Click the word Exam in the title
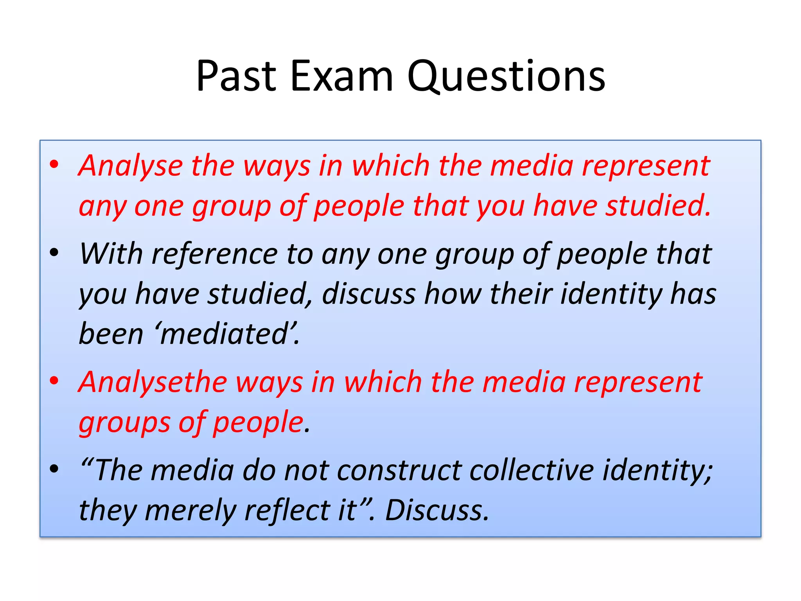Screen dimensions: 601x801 pyautogui.click(x=341, y=76)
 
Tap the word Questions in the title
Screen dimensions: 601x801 pyautogui.click(x=506, y=76)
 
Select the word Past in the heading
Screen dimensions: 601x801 pyautogui.click(x=236, y=76)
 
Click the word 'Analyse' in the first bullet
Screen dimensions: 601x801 pyautogui.click(x=131, y=166)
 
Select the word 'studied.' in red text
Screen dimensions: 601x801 pyautogui.click(x=658, y=206)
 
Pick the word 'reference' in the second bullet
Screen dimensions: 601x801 pyautogui.click(x=214, y=254)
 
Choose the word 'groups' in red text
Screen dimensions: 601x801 pyautogui.click(x=124, y=423)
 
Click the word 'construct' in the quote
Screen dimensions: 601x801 pyautogui.click(x=399, y=470)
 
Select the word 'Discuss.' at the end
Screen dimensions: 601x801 pyautogui.click(x=437, y=511)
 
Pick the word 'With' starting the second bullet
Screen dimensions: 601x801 pyautogui.click(x=111, y=254)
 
